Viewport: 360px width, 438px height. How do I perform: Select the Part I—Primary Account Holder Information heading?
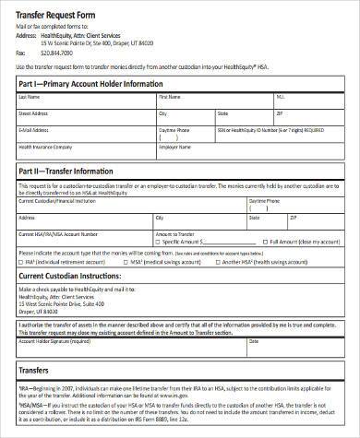[91, 84]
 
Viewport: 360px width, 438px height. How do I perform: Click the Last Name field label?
[30, 96]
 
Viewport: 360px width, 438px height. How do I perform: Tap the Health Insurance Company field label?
[44, 146]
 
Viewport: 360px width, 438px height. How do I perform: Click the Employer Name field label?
[174, 146]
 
